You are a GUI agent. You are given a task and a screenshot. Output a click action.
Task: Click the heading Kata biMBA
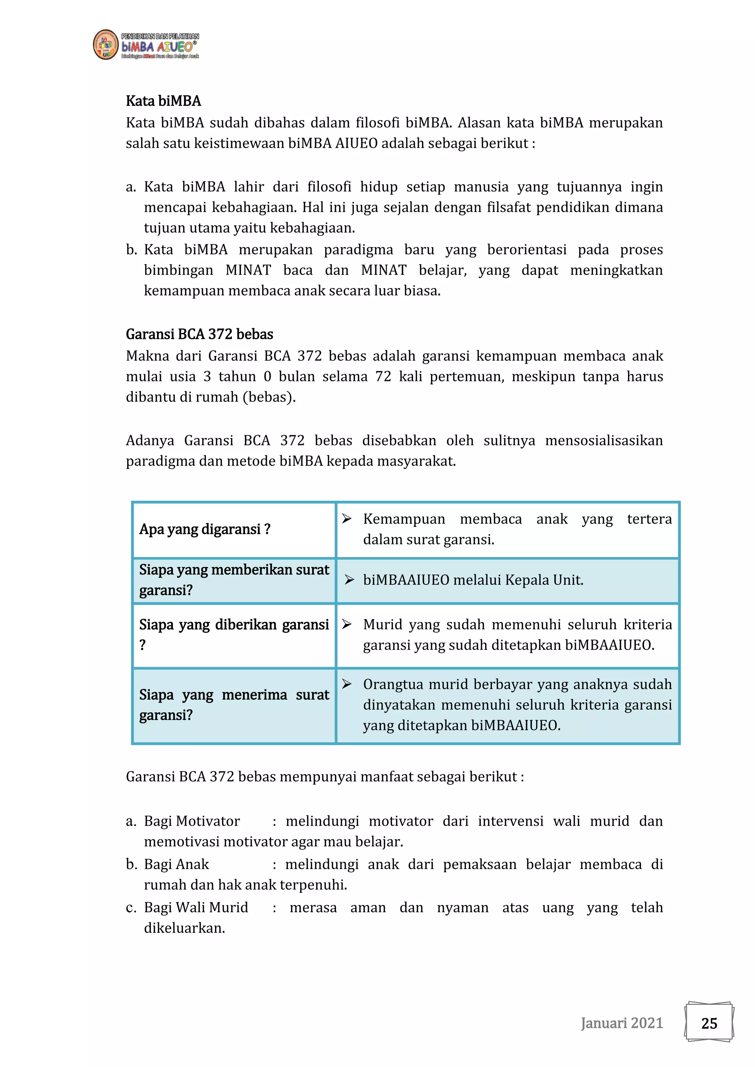pos(163,101)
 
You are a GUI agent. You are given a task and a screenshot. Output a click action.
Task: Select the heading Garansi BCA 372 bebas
pos(199,334)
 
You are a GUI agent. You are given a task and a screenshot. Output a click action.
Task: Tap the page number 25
pos(709,1023)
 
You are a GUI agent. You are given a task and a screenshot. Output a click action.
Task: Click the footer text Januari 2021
pos(622,1023)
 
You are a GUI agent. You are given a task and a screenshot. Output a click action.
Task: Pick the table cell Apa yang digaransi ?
pos(205,529)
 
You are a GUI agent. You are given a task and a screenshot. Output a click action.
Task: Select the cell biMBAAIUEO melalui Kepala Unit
pos(473,580)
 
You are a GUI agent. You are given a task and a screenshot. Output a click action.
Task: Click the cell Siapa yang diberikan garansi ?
pos(234,634)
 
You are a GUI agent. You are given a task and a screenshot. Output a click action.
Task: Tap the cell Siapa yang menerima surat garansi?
pos(234,705)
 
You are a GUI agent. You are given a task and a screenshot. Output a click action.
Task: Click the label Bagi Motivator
pos(192,821)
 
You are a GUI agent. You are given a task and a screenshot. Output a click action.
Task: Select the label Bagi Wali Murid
pos(196,907)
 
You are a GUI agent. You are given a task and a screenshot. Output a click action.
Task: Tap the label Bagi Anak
pos(176,864)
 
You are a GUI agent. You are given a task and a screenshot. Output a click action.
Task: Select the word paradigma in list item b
pos(358,249)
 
